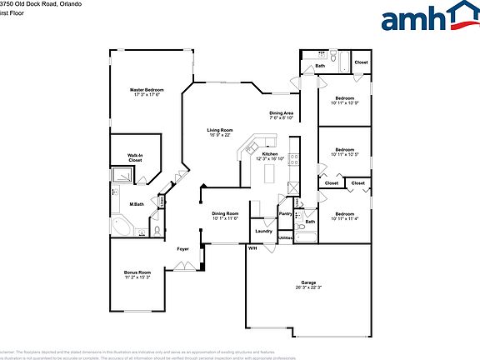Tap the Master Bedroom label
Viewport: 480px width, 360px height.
(x=147, y=89)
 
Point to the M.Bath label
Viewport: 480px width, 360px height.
(x=137, y=204)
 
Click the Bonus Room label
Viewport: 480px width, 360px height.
(x=137, y=272)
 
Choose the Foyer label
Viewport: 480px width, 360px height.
(x=182, y=248)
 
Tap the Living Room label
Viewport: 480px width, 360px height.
(x=220, y=130)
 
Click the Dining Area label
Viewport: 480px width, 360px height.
(x=281, y=113)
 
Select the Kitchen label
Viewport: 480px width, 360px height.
(x=270, y=154)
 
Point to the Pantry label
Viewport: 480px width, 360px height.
(x=285, y=213)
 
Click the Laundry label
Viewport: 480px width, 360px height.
(x=264, y=231)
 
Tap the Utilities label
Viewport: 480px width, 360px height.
(x=286, y=238)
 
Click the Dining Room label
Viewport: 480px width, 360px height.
(x=225, y=213)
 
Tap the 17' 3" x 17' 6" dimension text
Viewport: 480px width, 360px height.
(x=147, y=94)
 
